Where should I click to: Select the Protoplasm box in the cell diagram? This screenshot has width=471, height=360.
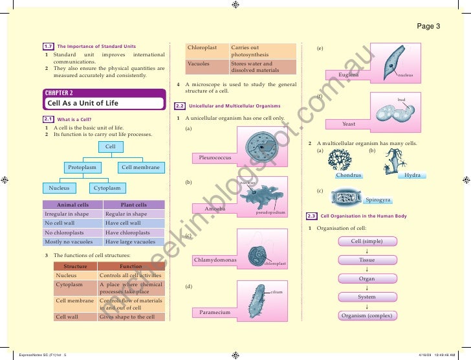click(83, 168)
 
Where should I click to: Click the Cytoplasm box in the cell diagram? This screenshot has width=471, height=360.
click(107, 188)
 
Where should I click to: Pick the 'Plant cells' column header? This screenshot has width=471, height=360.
click(134, 205)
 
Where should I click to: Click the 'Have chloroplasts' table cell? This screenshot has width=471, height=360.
click(134, 232)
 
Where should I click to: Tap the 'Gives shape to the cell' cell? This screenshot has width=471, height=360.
click(131, 317)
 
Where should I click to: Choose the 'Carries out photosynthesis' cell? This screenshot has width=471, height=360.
click(262, 52)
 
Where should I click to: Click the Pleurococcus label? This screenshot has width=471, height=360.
click(215, 157)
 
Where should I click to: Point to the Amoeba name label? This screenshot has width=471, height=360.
click(215, 209)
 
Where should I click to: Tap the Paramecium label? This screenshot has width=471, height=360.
click(215, 313)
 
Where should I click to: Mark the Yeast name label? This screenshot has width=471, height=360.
click(349, 124)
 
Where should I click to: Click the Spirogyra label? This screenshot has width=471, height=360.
click(378, 201)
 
